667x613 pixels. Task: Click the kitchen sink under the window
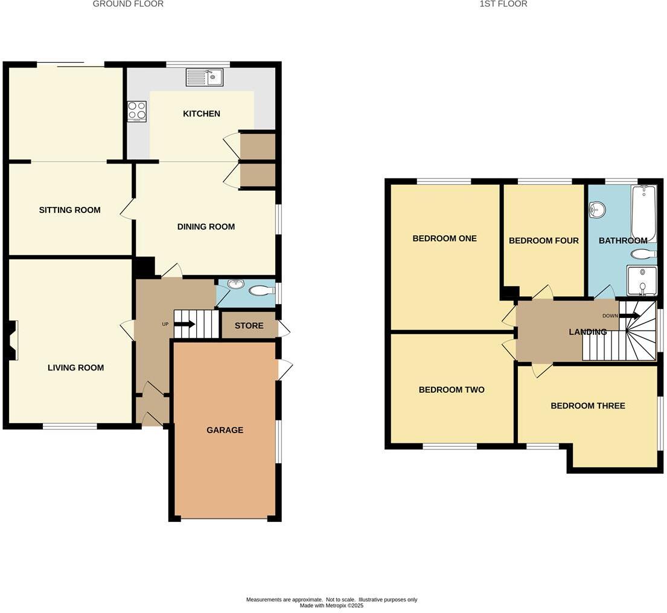coord(205,77)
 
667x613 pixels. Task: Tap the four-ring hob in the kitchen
coord(136,110)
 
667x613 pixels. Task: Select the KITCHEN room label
coord(202,114)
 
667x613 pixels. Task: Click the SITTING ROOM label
coord(69,210)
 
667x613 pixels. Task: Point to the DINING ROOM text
coord(206,227)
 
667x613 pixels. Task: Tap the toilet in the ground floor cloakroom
coord(261,291)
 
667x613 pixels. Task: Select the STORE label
coord(249,326)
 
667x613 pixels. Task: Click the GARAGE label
coord(225,430)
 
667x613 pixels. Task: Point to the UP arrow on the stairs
coord(185,324)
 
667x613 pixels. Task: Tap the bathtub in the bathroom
coord(643,213)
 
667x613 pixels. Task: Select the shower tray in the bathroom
coord(642,281)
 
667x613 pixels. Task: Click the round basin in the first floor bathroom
coord(598,210)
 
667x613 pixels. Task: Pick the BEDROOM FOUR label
coord(543,241)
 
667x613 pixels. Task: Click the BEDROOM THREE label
coord(587,406)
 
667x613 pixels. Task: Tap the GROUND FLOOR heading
coord(128,4)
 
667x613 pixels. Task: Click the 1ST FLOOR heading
coord(503,4)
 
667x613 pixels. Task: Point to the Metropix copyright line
coord(331,605)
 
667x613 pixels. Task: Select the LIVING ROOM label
coord(75,368)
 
